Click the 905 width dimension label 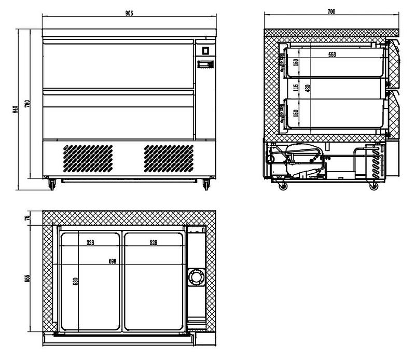(129, 13)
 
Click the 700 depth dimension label (331, 11)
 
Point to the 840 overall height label (16, 109)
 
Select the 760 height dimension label (27, 104)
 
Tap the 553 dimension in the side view (332, 54)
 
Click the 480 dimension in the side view (308, 88)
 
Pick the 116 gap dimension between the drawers (296, 88)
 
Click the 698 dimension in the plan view (113, 261)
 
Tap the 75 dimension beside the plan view (28, 218)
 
